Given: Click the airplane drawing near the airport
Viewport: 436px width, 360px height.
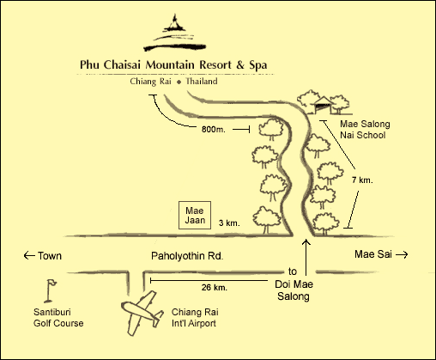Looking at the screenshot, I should tap(144, 314).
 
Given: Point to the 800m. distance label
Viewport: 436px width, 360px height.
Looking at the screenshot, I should tap(212, 131).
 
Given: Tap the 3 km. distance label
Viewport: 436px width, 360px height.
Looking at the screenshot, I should tap(228, 223).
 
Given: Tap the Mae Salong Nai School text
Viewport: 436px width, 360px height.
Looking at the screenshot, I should tap(361, 130).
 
